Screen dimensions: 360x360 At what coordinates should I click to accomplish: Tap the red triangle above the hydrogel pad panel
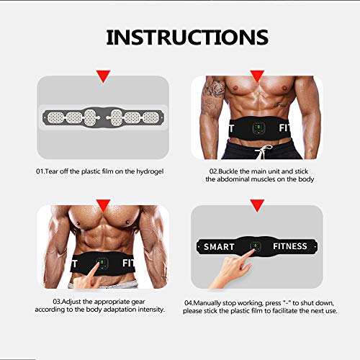click(x=103, y=75)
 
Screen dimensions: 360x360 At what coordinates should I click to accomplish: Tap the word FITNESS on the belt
click(x=290, y=247)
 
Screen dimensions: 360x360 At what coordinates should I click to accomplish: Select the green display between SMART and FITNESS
click(x=256, y=246)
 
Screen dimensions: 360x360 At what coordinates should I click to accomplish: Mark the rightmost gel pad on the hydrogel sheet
click(x=150, y=116)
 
